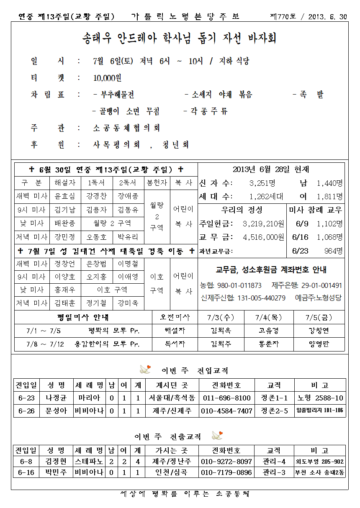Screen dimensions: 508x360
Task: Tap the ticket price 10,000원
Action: pyautogui.click(x=108, y=78)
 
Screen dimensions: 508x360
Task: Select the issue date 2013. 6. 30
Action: pyautogui.click(x=327, y=17)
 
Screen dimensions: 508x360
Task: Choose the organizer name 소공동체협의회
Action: pyautogui.click(x=126, y=128)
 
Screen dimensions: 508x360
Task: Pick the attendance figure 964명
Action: pyautogui.click(x=333, y=251)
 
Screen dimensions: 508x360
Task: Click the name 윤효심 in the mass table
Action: pyautogui.click(x=65, y=196)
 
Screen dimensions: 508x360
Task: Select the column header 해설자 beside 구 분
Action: pyautogui.click(x=65, y=183)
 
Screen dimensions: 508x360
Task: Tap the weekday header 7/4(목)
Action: pyautogui.click(x=268, y=317)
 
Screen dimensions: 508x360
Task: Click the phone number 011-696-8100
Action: pyautogui.click(x=226, y=398)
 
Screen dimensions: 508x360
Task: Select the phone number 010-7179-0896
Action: pyautogui.click(x=226, y=472)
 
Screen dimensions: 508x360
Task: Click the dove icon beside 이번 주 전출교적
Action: pyautogui.click(x=217, y=436)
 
